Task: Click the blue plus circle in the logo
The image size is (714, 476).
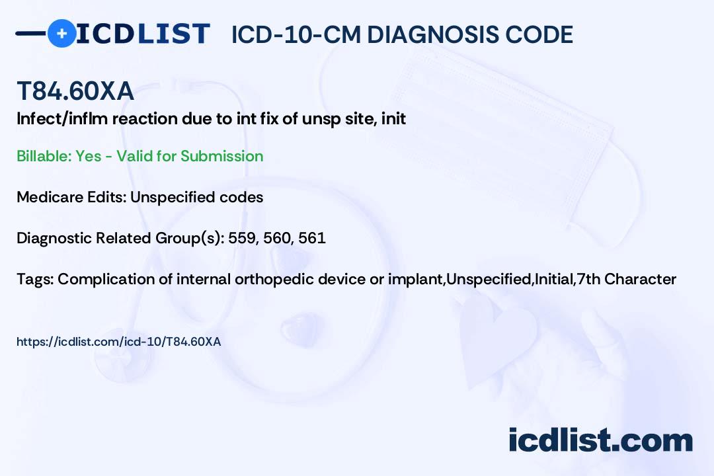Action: [x=61, y=33]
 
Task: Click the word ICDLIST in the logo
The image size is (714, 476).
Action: [x=143, y=34]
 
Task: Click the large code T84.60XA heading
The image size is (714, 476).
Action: [x=75, y=91]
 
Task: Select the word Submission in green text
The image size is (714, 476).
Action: [x=221, y=156]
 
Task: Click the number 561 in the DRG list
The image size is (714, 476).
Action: [x=312, y=238]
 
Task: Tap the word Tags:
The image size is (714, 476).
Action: [x=35, y=279]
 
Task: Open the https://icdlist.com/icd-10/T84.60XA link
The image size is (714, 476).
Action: [x=119, y=342]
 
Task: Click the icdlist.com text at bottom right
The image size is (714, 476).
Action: [x=600, y=440]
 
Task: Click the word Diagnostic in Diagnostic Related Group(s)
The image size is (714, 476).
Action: [x=54, y=238]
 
